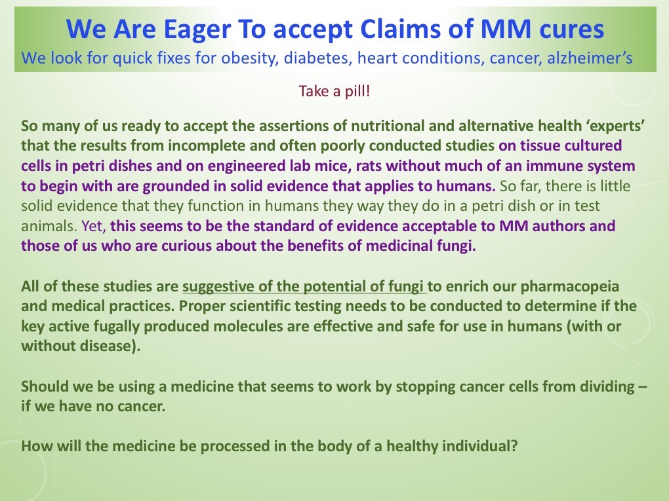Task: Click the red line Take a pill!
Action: [x=334, y=91]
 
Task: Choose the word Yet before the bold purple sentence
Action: [x=93, y=226]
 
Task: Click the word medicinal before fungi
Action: [x=399, y=246]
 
